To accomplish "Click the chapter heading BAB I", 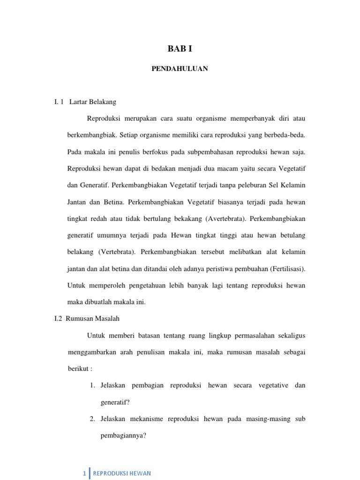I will click(x=180, y=49).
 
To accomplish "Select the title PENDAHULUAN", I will click(x=180, y=69).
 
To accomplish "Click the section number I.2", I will click(x=59, y=319).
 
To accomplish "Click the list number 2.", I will click(x=92, y=419).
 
